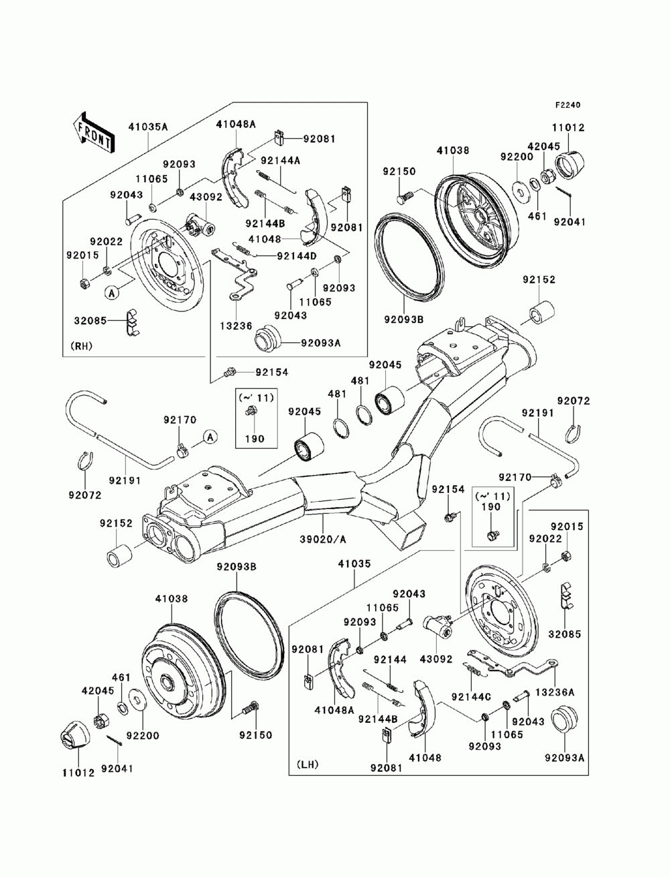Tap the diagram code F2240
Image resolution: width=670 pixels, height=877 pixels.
tap(567, 105)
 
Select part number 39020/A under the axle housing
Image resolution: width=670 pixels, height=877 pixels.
tap(323, 539)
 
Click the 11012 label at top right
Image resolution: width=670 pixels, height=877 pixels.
tap(569, 128)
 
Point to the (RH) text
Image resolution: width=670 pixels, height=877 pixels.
tap(81, 346)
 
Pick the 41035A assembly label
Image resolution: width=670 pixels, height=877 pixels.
tap(148, 127)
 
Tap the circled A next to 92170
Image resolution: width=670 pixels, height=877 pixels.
tap(210, 437)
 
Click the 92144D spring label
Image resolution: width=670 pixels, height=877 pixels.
tap(297, 255)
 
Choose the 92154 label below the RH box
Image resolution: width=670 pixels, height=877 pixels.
tap(271, 372)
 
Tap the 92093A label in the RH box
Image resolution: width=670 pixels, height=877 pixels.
tap(321, 342)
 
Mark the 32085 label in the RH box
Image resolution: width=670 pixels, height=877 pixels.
tap(90, 320)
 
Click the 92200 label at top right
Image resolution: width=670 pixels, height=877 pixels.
tap(517, 157)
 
